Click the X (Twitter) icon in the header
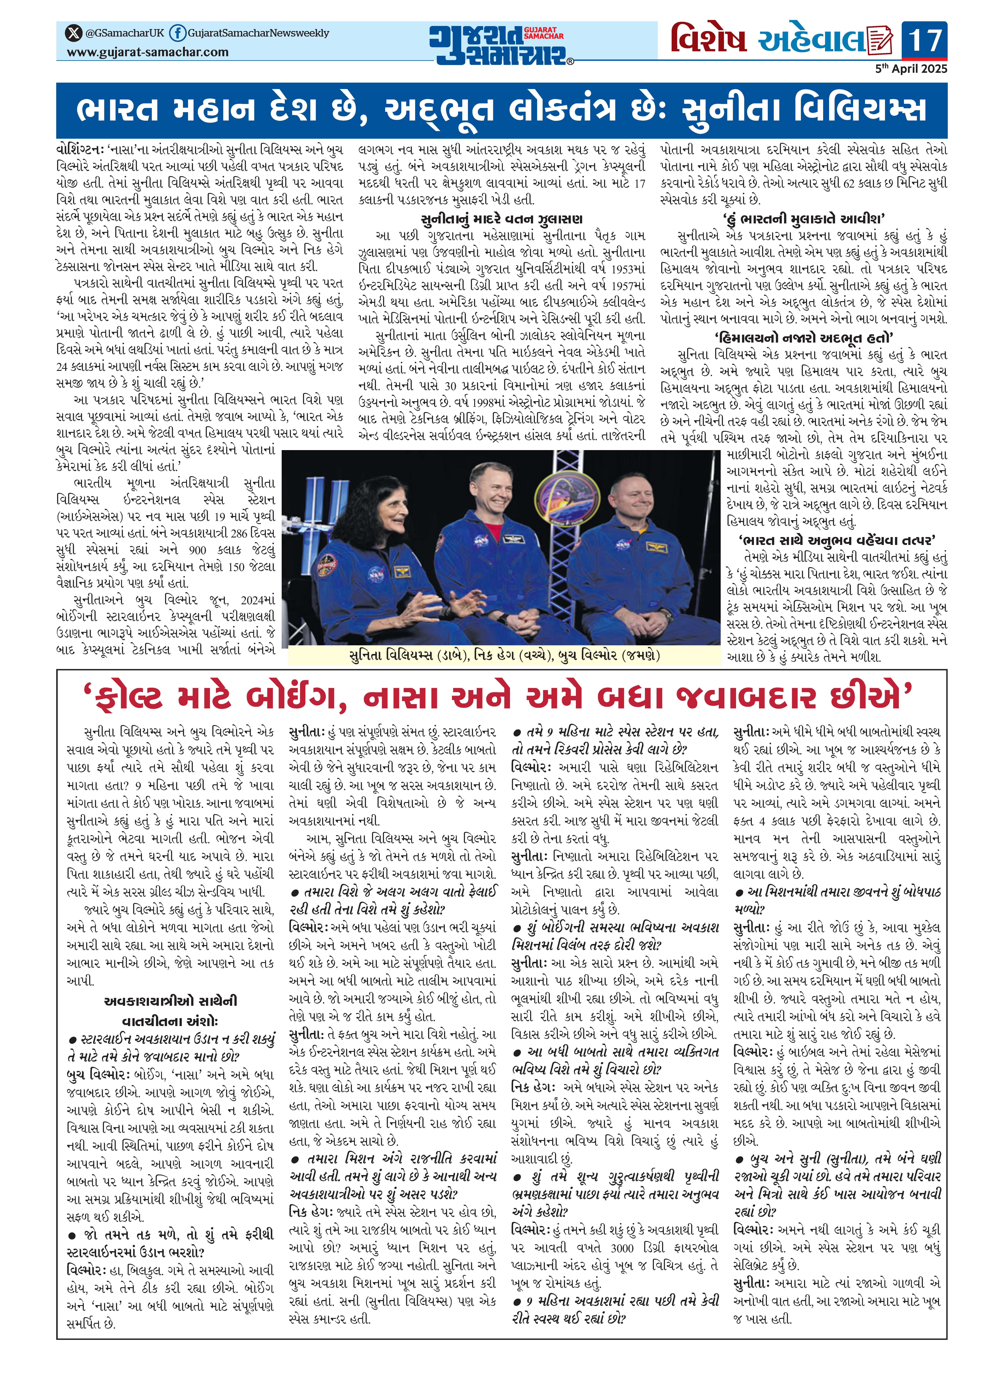tap(74, 33)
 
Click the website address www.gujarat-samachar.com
tap(148, 52)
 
